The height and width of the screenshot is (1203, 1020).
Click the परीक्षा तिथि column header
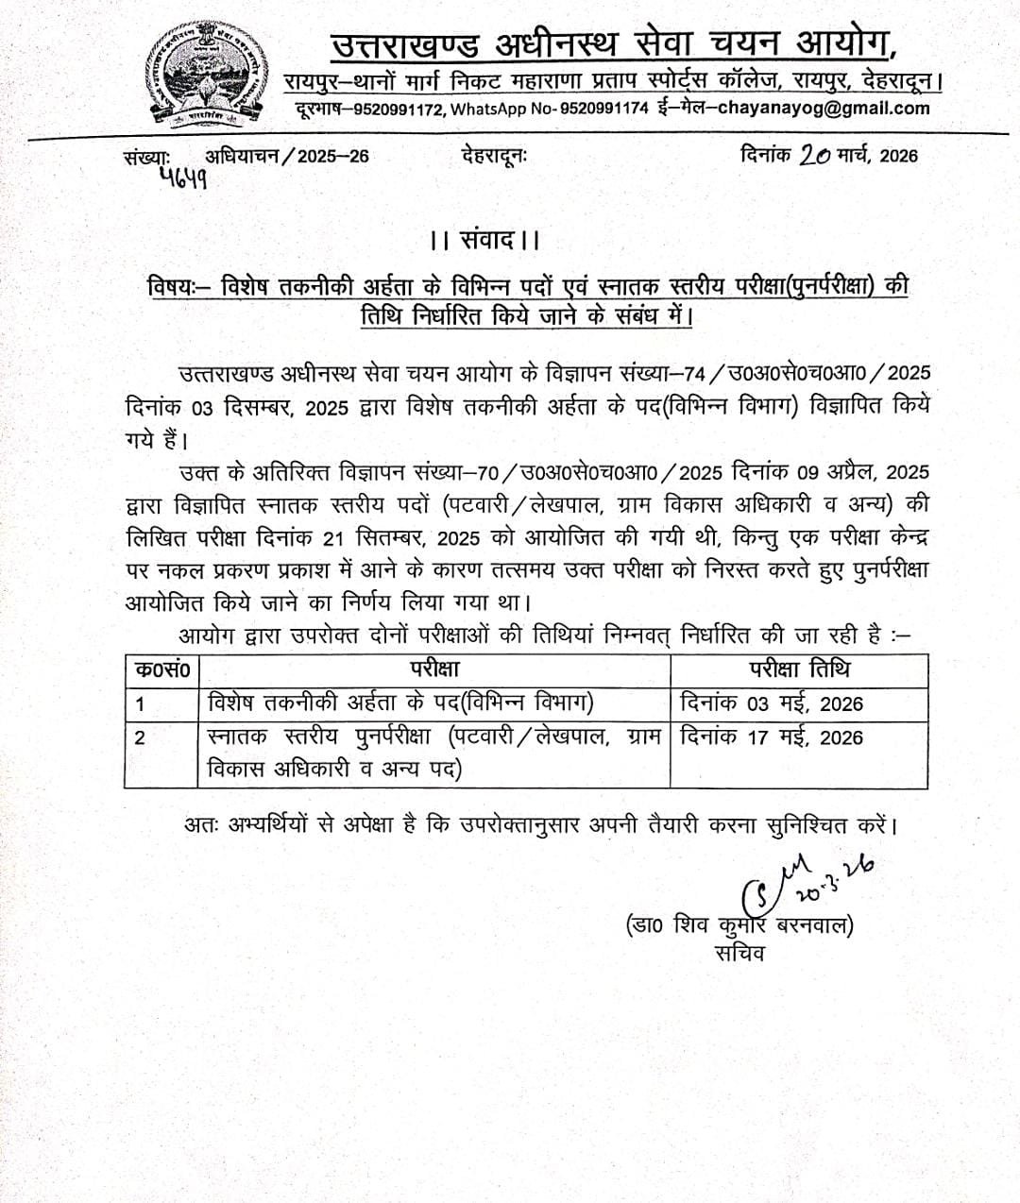799,669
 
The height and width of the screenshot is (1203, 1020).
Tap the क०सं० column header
161,670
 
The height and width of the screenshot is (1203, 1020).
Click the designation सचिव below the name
740,953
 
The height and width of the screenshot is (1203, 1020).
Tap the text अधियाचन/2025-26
287,156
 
